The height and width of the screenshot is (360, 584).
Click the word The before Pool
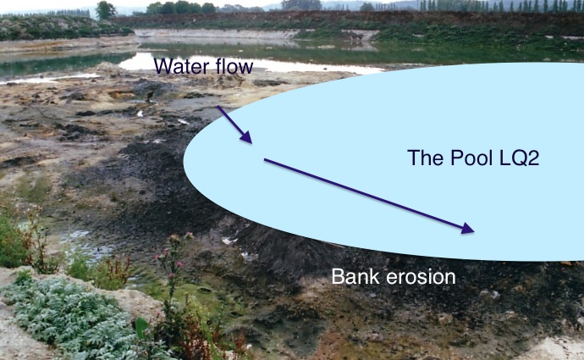tap(423, 158)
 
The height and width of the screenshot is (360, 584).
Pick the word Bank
tap(352, 277)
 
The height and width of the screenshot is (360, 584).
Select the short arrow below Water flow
tap(234, 124)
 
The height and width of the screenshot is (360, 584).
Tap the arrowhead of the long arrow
tap(467, 229)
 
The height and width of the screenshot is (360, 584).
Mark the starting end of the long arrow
tap(266, 159)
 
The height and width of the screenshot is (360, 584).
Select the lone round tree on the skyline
tap(105, 10)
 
